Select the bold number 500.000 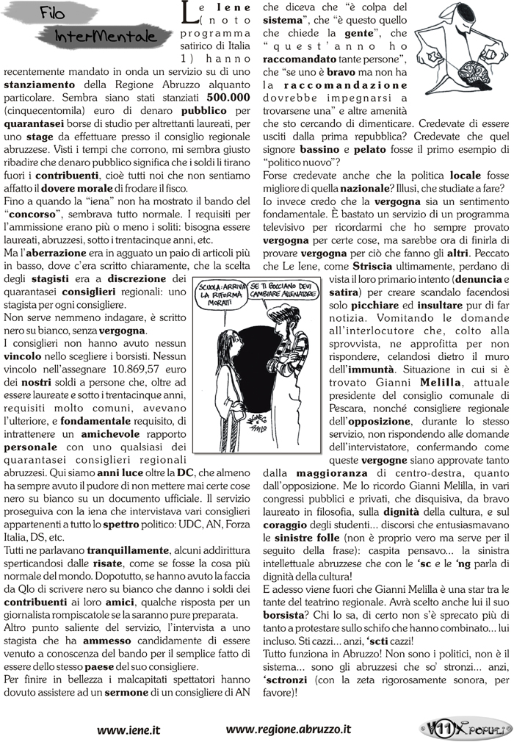228,96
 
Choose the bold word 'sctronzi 289,652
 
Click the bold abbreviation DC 185,474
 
